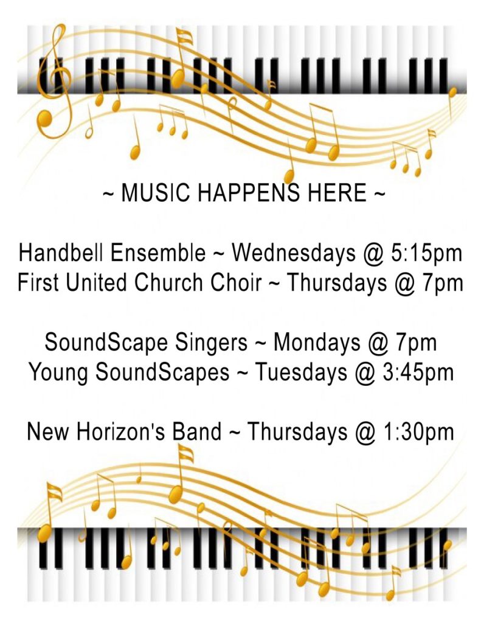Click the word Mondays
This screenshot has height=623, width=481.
(x=317, y=343)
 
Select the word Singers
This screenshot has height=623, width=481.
(x=211, y=343)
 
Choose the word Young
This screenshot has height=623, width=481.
(x=58, y=373)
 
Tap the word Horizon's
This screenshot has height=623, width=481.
(x=120, y=431)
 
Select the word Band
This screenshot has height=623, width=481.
(x=196, y=431)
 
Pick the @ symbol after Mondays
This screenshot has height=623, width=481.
(x=378, y=343)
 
